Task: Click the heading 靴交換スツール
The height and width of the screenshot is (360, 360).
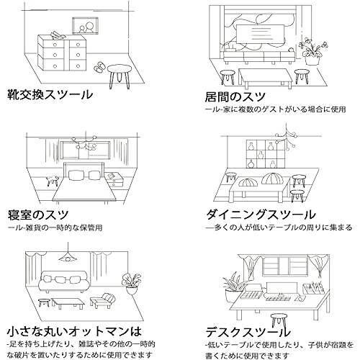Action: tap(50, 94)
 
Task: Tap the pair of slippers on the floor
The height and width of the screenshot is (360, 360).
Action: tap(99, 66)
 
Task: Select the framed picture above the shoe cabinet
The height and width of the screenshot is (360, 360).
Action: tap(86, 26)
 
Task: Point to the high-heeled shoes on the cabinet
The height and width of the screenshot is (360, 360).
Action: tap(58, 35)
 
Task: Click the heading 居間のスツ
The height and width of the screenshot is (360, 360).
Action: tap(235, 96)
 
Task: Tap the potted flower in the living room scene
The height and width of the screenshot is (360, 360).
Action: tap(312, 51)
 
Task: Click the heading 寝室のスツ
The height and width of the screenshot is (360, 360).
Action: tap(38, 215)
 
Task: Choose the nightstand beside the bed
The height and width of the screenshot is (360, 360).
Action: tap(114, 179)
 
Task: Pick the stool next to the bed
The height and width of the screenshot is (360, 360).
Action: tap(53, 181)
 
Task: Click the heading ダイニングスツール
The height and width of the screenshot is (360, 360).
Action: tap(261, 215)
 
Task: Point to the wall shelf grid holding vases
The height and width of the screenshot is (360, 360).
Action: tap(266, 153)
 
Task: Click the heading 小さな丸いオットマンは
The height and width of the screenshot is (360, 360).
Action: tap(74, 332)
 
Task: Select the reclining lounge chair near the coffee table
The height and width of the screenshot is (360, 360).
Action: tap(102, 300)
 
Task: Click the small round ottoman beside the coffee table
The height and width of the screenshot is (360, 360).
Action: tap(44, 302)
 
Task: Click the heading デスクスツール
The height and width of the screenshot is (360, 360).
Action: tap(248, 332)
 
